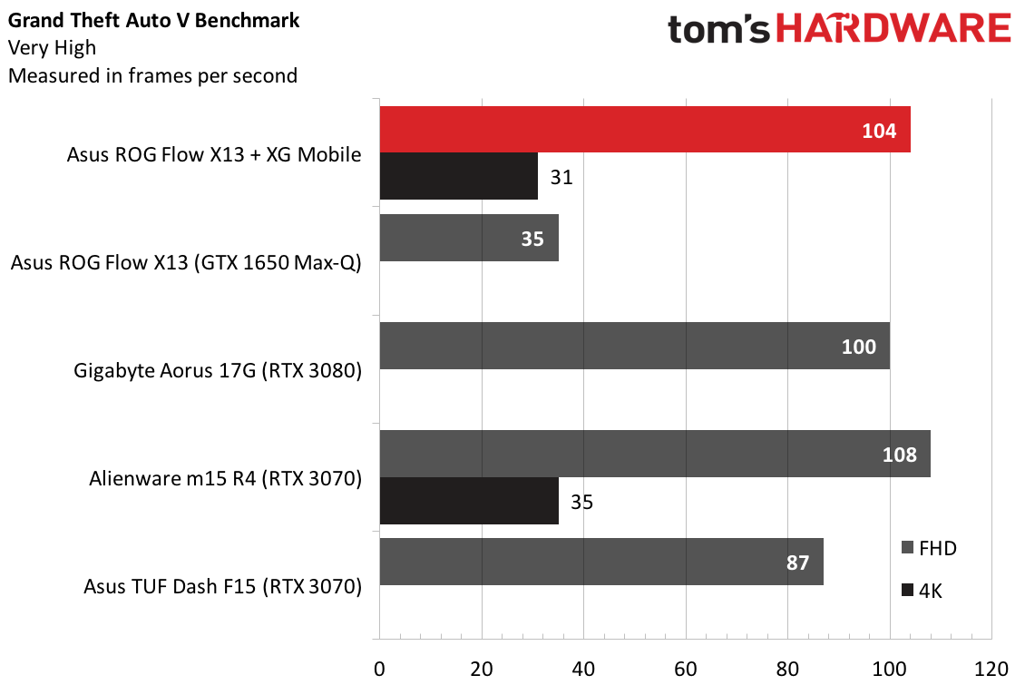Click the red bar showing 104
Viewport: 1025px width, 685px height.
pos(645,130)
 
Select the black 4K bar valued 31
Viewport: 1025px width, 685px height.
pos(458,177)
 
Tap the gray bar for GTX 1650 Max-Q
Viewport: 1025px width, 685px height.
pos(469,238)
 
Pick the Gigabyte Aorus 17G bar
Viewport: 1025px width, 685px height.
pos(635,346)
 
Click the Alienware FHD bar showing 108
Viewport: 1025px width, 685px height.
pos(655,454)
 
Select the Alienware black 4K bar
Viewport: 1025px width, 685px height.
pos(469,501)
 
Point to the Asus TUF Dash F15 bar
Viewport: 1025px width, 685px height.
pos(601,562)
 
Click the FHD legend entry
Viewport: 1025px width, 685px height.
pos(929,548)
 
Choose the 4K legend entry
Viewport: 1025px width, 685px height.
pos(922,591)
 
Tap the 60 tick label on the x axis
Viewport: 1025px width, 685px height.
pos(686,670)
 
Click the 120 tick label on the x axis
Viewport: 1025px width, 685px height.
pos(991,670)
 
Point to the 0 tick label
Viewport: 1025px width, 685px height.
pos(379,670)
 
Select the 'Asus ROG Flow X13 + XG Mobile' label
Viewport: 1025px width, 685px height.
pos(214,154)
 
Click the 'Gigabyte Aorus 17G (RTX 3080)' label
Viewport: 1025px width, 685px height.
pos(217,370)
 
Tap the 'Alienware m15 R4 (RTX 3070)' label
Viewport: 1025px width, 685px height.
pos(225,478)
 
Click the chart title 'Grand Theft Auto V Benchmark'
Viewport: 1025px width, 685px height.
pos(153,20)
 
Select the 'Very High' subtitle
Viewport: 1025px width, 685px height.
pos(52,48)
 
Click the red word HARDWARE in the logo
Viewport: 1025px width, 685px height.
pos(893,29)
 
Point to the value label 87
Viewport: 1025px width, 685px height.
pos(797,563)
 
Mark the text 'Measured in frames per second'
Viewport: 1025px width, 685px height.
pos(152,76)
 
